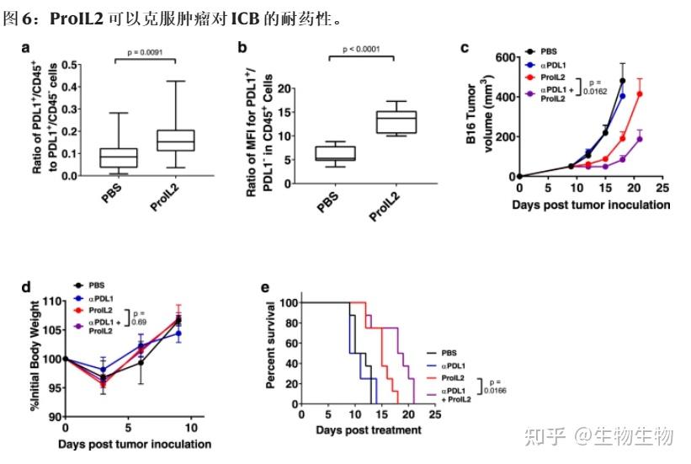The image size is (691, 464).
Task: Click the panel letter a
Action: (26, 48)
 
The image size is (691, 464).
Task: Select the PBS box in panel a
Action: (118, 157)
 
